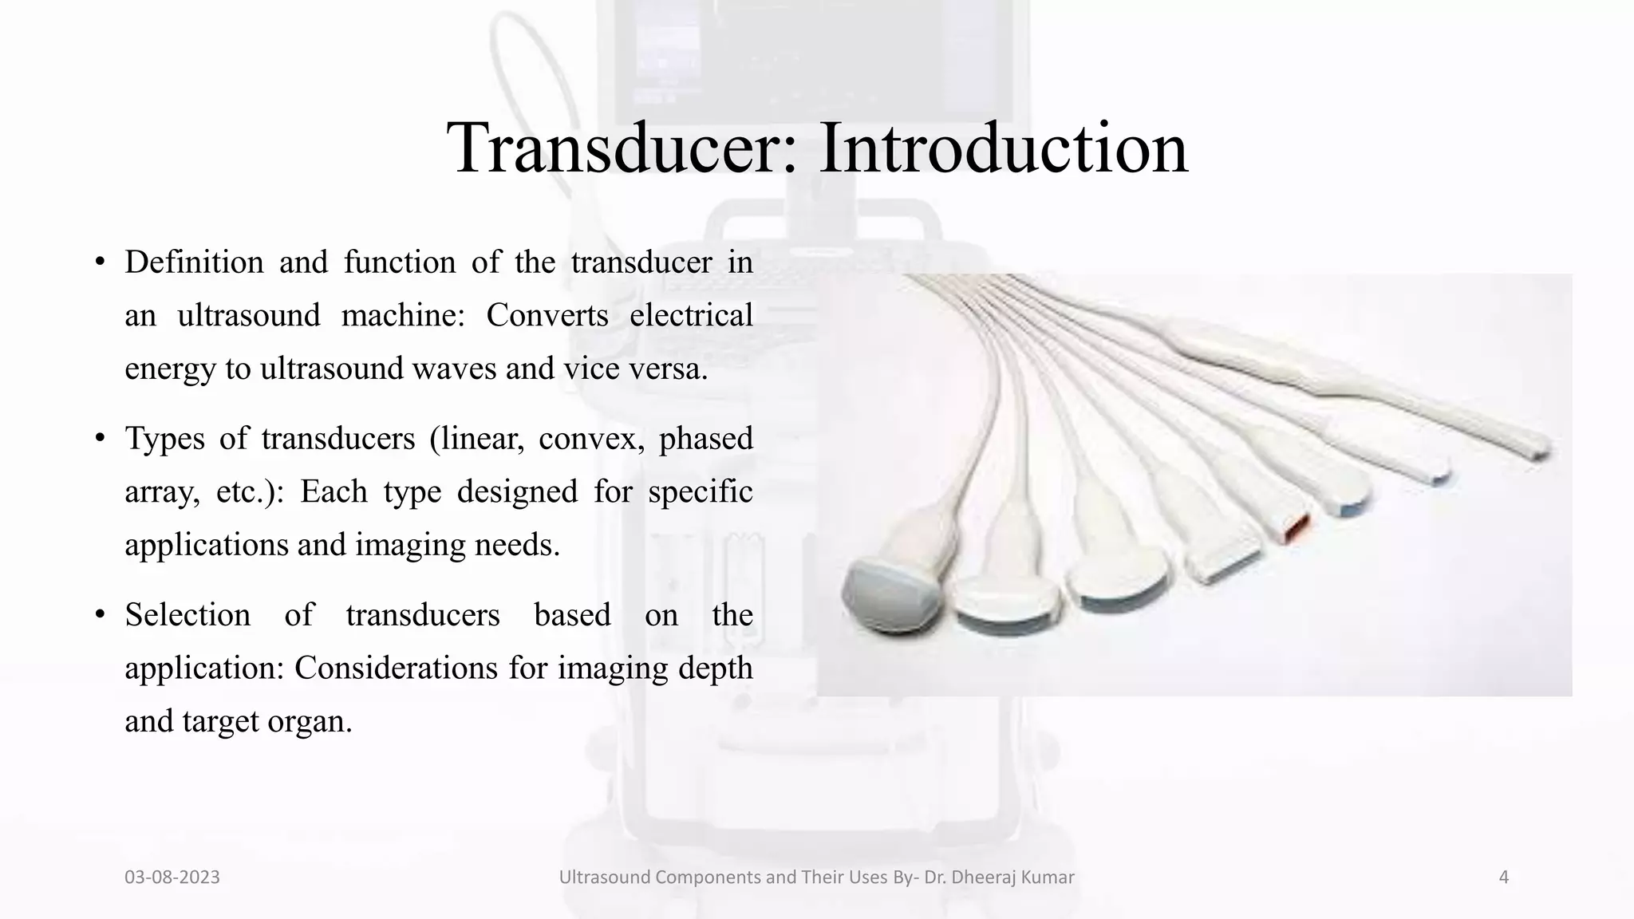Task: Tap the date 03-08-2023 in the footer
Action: coord(172,878)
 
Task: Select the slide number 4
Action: coord(1504,878)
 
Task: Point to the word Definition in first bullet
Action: coord(194,262)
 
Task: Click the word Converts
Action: coord(547,316)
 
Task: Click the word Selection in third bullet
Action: coord(187,615)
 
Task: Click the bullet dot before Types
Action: coord(100,438)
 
